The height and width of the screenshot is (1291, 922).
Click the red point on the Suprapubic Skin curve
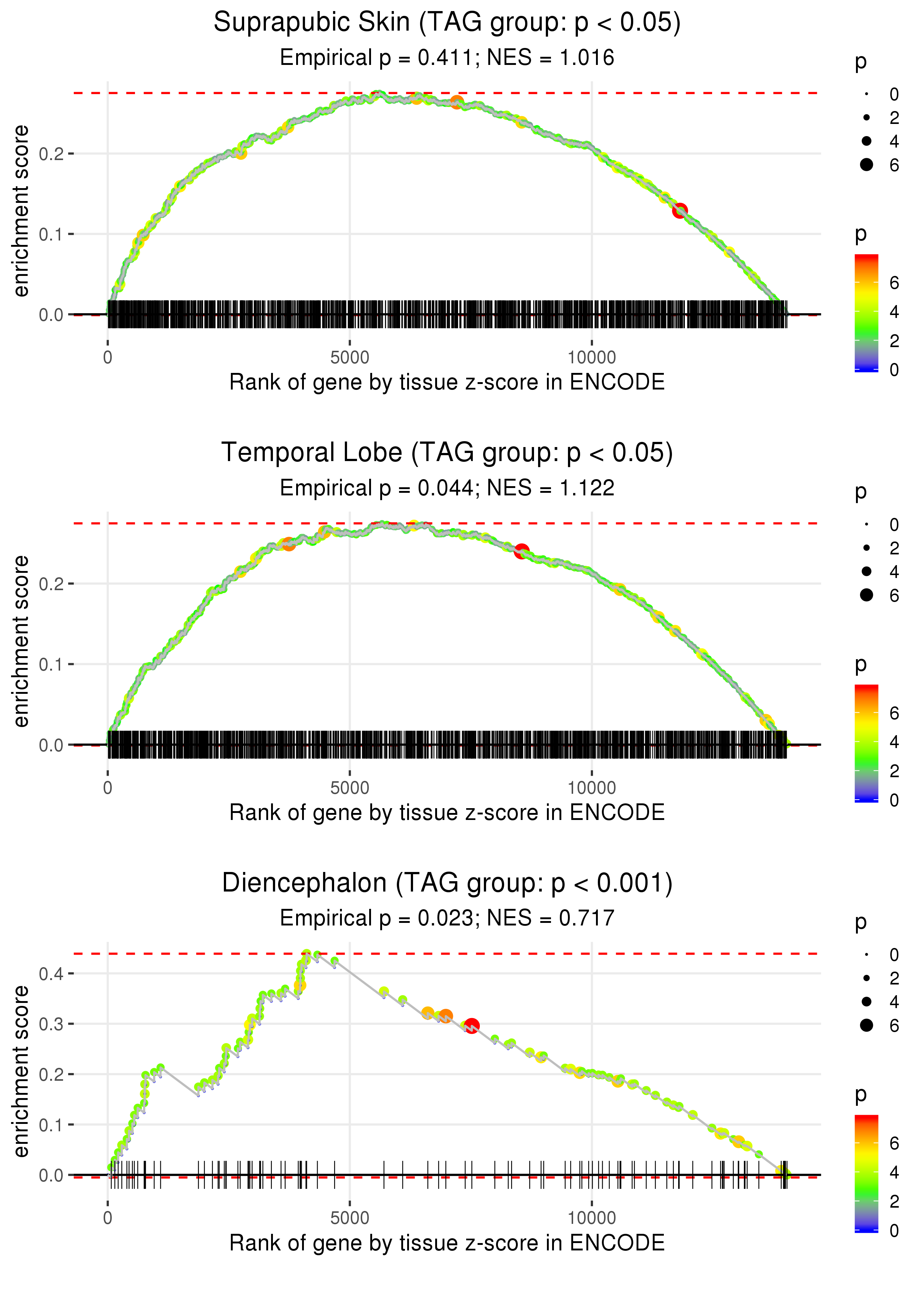680,211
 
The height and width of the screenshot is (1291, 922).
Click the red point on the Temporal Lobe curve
521,551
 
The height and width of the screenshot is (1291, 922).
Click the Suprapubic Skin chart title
447,23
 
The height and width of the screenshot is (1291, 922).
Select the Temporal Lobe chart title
447,453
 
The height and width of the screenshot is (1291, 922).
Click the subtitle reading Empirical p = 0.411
447,58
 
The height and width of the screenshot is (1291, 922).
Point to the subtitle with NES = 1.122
447,488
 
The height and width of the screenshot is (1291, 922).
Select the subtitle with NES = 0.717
447,918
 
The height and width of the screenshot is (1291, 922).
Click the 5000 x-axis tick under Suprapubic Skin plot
350,358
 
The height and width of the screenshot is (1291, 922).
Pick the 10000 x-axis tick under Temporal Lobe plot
592,788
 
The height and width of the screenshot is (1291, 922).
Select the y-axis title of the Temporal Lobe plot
21,641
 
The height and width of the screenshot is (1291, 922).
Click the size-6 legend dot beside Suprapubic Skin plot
866,165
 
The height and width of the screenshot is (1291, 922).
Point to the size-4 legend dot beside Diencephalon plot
866,1001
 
